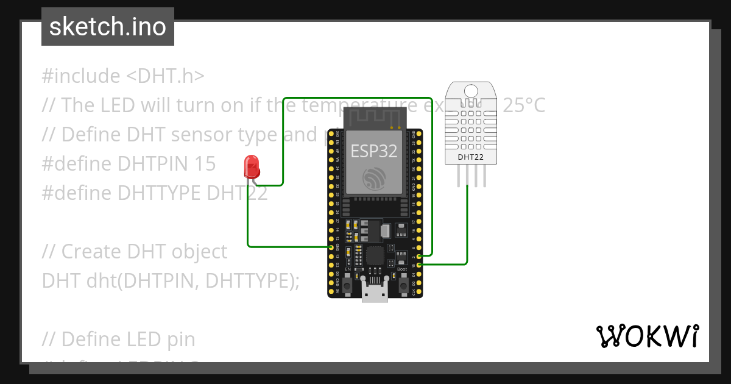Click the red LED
pyautogui.click(x=250, y=166)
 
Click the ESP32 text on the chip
pyautogui.click(x=374, y=151)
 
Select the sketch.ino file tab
pyautogui.click(x=108, y=27)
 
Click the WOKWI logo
pyautogui.click(x=647, y=336)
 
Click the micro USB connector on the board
pyautogui.click(x=375, y=291)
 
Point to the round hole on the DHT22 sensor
pyautogui.click(x=471, y=92)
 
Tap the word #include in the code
pyautogui.click(x=81, y=76)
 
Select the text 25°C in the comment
pyautogui.click(x=523, y=105)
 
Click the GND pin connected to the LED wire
pyautogui.click(x=331, y=247)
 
